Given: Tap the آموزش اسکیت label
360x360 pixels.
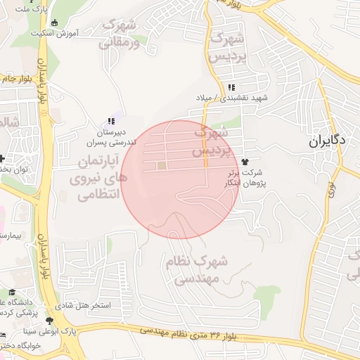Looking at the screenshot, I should point(55,33).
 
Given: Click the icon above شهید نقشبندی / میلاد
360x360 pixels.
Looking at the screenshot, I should point(231,88).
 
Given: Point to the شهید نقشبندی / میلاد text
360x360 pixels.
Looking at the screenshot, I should point(232,98).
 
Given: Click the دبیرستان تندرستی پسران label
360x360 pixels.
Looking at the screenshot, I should point(111,136).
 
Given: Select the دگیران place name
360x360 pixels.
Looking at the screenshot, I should point(327,140).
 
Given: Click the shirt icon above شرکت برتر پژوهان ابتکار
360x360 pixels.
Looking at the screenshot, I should point(244,162).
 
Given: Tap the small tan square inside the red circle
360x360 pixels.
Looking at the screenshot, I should point(162,166).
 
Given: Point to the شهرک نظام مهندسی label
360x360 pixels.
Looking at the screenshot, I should point(198,270).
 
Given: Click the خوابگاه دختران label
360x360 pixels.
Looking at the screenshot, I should point(21,345).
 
